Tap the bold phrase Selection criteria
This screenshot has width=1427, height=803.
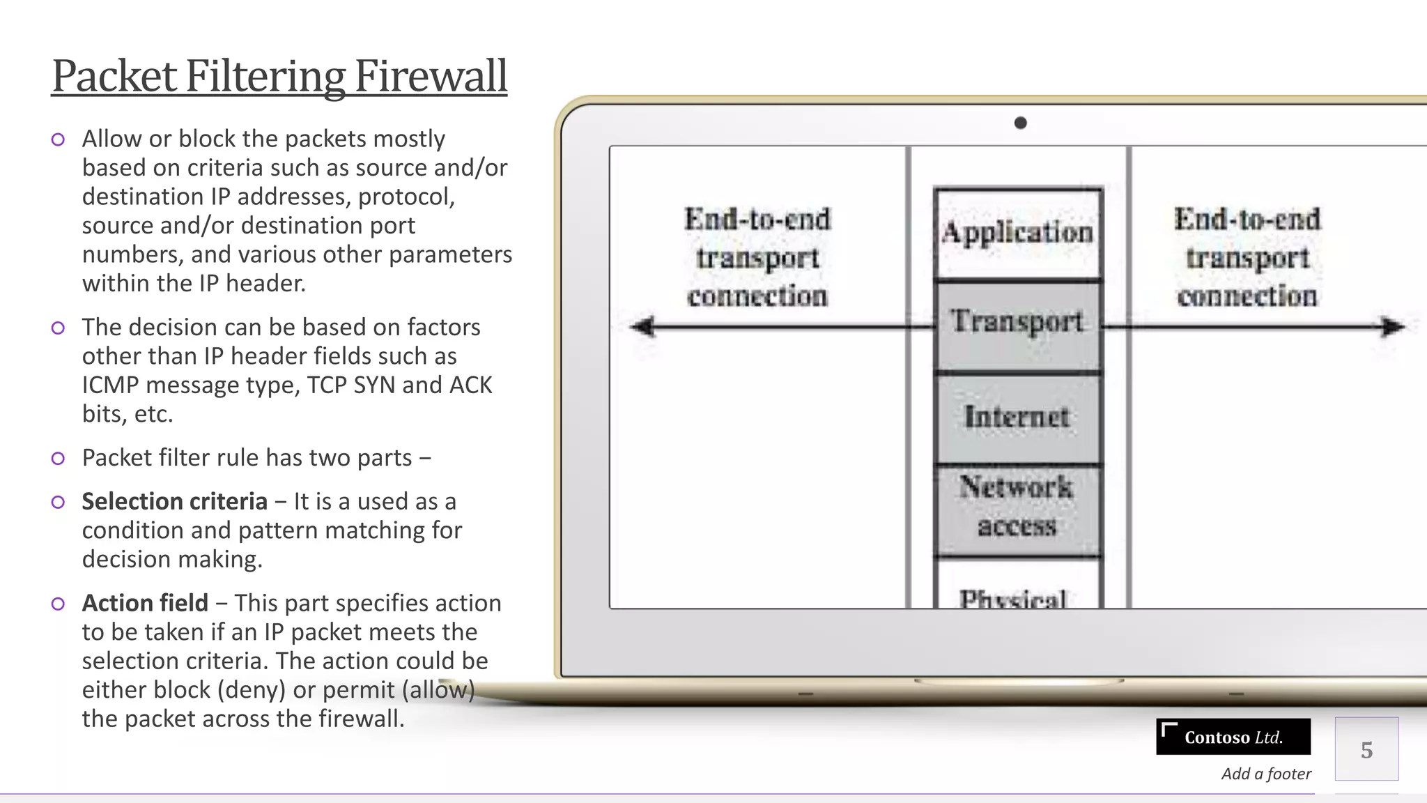pos(174,501)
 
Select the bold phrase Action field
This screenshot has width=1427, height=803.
pos(145,603)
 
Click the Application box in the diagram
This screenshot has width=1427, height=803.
pos(1017,234)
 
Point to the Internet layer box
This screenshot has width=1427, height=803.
pos(1017,418)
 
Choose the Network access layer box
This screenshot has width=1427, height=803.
pos(1017,507)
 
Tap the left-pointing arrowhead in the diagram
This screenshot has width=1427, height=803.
pos(642,326)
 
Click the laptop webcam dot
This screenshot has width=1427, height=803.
pos(1020,123)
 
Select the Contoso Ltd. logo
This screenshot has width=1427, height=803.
pos(1233,737)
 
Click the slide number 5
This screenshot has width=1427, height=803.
pos(1366,750)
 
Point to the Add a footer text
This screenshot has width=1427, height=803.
pos(1266,774)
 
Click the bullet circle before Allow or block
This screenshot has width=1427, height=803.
pos(58,139)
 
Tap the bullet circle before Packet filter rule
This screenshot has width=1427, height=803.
pos(58,458)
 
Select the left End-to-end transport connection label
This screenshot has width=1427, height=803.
pos(757,258)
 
